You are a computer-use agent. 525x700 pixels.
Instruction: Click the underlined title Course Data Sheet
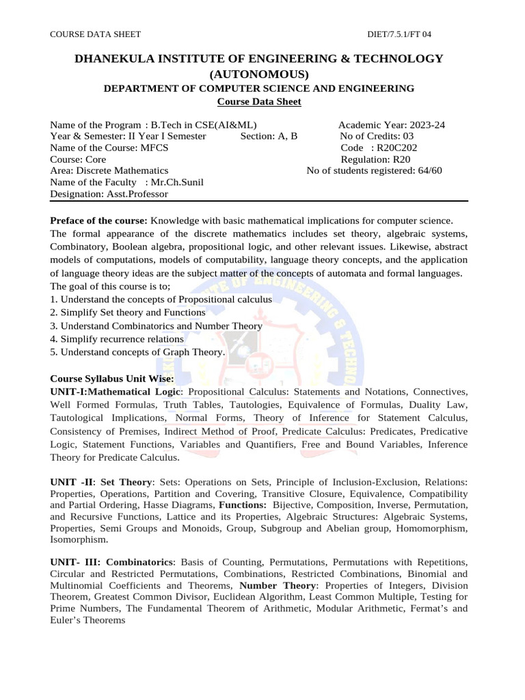click(258, 102)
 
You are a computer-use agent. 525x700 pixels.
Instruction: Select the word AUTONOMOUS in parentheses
click(259, 74)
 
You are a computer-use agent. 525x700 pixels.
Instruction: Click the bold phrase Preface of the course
click(99, 221)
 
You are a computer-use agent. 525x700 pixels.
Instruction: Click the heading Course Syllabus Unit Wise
click(112, 379)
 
